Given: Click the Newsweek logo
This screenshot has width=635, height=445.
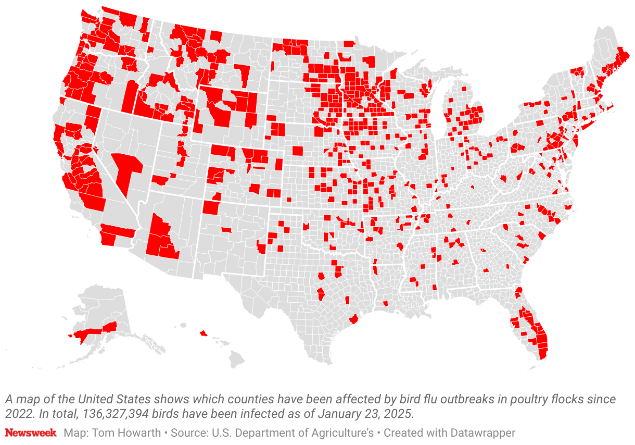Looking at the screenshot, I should point(31,433).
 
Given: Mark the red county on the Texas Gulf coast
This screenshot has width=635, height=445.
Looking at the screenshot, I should point(354,318).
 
